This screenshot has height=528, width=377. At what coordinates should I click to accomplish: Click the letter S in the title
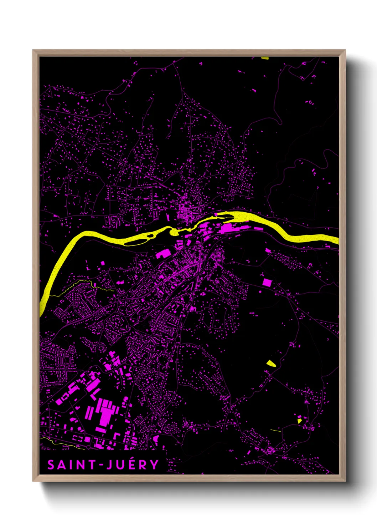coord(51,465)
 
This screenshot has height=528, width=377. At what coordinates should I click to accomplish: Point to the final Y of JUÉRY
coord(154,465)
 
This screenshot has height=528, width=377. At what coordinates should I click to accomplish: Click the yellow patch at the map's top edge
coord(265,58)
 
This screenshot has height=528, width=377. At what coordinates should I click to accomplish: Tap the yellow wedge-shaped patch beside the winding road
coord(271,364)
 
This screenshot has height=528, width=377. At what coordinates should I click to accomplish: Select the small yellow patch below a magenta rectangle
coord(300,421)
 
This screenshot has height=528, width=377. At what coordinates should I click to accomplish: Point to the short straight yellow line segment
coord(275,430)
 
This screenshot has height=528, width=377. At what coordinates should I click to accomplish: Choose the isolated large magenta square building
coord(267,283)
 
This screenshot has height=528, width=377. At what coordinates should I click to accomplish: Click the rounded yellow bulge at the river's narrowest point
coord(174,232)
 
